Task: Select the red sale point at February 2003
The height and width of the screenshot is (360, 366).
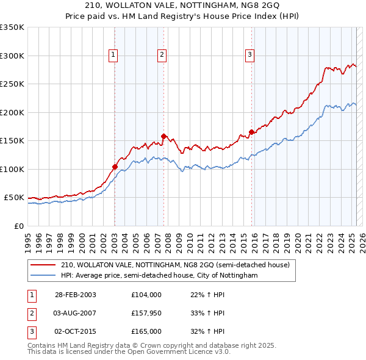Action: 115,166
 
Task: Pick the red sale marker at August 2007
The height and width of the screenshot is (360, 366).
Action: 163,136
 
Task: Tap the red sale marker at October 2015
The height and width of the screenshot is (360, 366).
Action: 251,132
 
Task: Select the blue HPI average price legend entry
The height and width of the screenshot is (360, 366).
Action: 159,275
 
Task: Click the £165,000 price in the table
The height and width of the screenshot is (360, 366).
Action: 146,331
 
